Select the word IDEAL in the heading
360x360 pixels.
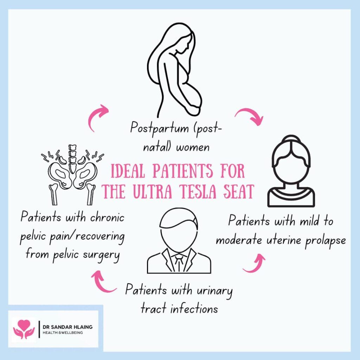[x=128, y=171]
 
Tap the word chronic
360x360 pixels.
[x=107, y=217]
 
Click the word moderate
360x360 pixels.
[x=239, y=240]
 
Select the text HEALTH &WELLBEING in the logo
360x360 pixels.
[x=63, y=333]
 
